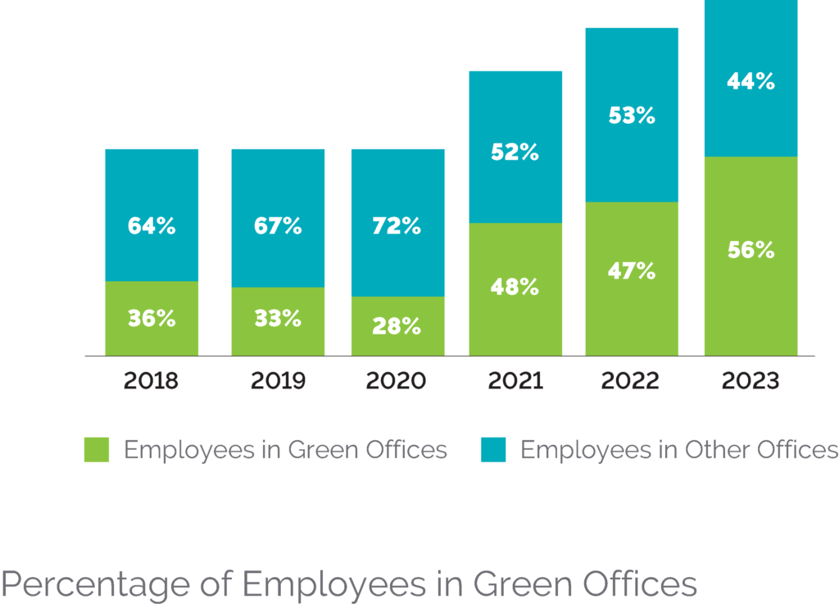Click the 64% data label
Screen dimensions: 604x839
tap(152, 226)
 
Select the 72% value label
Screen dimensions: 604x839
tap(397, 226)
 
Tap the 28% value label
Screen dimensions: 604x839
tap(397, 325)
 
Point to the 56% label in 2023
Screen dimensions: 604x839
tap(751, 251)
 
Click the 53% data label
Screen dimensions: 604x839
tap(632, 116)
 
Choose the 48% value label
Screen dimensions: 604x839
tap(515, 287)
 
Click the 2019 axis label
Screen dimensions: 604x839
tap(278, 381)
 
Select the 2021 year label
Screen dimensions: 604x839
tap(515, 381)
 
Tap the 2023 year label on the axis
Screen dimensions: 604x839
tap(751, 381)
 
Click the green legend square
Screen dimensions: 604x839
tap(96, 450)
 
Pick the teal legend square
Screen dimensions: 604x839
tap(492, 450)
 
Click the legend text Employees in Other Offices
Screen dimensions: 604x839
tap(679, 450)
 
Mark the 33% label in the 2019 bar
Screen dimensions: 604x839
tap(278, 318)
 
